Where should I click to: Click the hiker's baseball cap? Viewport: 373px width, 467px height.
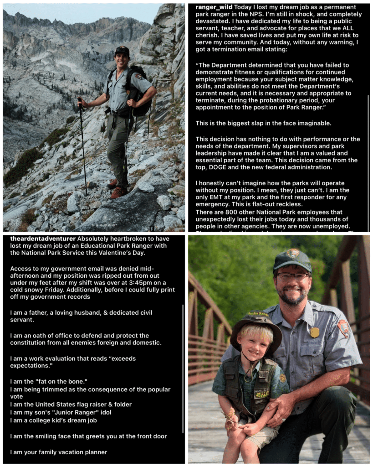pyautogui.click(x=122, y=51)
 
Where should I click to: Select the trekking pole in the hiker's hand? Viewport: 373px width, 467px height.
pyautogui.click(x=83, y=146)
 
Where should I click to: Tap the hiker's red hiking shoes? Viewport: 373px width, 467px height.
pyautogui.click(x=118, y=192)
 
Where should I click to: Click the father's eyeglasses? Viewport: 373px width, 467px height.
pyautogui.click(x=291, y=276)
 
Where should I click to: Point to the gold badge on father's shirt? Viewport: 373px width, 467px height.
pyautogui.click(x=315, y=332)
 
